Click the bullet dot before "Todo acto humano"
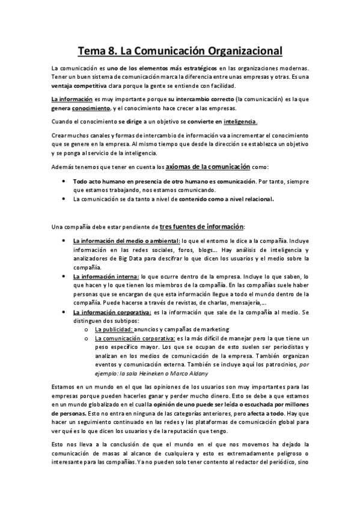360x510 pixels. (x=64, y=180)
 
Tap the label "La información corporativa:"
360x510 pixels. (x=111, y=313)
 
